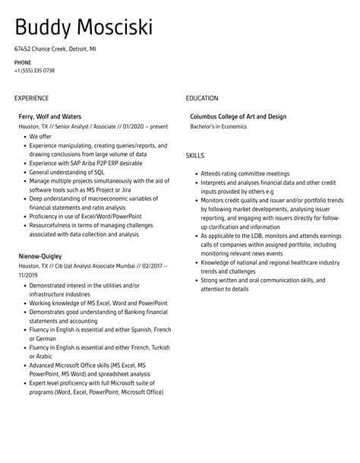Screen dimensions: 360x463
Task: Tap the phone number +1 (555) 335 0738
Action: tap(34, 70)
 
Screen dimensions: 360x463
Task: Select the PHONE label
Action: tap(22, 62)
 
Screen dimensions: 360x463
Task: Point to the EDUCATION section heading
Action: tap(202, 98)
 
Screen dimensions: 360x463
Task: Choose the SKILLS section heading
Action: tap(195, 155)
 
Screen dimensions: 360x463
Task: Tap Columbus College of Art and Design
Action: tap(238, 116)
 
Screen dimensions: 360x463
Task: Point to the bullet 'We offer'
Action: tap(41, 137)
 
